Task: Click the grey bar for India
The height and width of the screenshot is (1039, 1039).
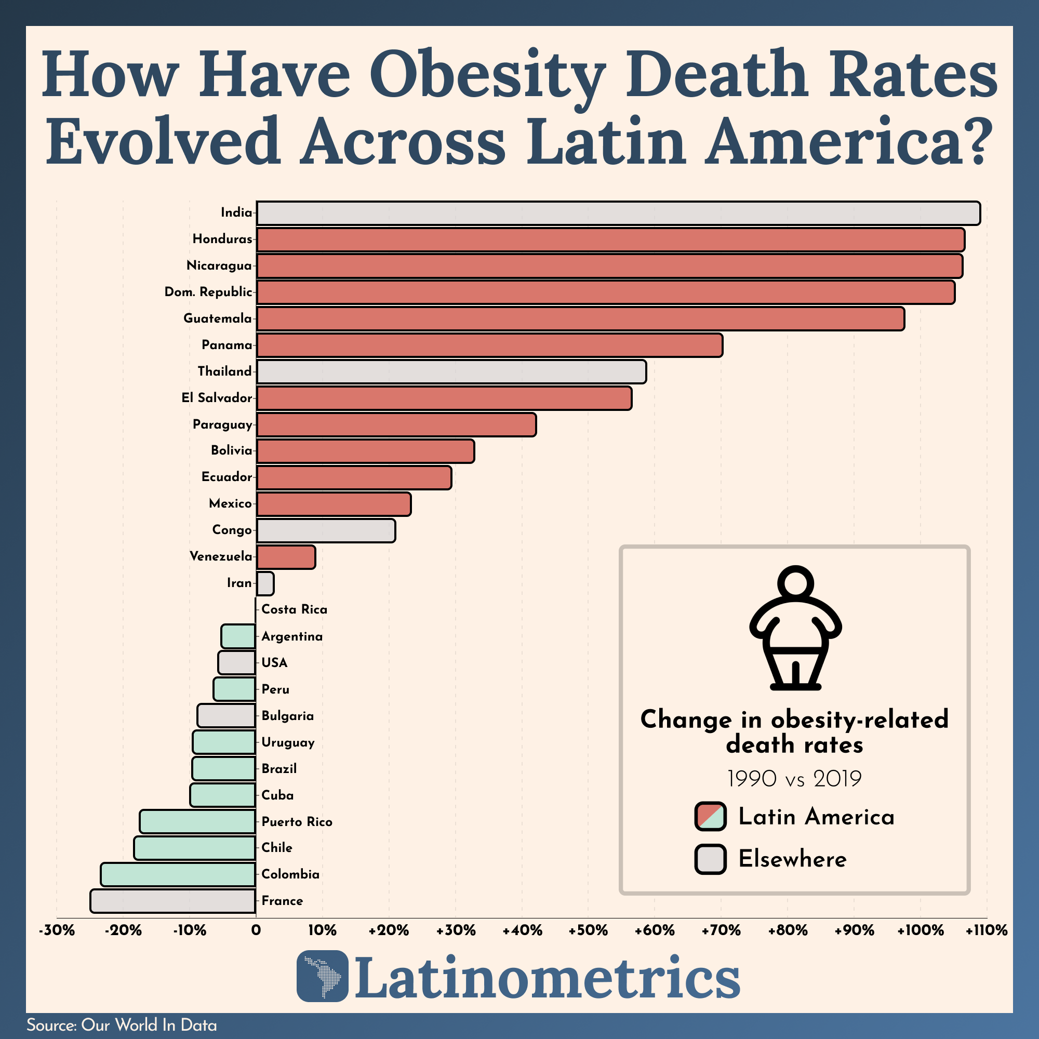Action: point(618,213)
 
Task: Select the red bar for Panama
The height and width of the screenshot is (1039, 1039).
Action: point(489,345)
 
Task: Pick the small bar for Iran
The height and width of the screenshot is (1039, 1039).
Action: point(265,583)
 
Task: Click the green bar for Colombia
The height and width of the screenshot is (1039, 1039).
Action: point(178,874)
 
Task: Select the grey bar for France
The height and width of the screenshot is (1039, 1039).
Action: point(172,901)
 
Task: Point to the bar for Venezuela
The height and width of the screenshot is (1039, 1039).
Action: point(286,557)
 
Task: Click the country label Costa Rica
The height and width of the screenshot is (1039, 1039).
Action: point(294,610)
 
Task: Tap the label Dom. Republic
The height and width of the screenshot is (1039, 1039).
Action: point(208,292)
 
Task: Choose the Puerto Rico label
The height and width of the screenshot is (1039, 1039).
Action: point(297,822)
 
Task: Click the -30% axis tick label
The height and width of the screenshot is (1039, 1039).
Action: point(57,930)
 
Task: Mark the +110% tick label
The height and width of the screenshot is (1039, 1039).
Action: point(987,930)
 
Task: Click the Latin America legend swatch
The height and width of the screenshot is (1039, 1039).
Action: point(710,816)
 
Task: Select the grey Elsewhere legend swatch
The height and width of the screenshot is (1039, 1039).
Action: point(710,859)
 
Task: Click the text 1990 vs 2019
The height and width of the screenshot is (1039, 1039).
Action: point(794,779)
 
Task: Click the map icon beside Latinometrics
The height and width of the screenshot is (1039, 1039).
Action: point(322,976)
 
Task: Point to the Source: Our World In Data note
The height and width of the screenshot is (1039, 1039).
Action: point(122,1025)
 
